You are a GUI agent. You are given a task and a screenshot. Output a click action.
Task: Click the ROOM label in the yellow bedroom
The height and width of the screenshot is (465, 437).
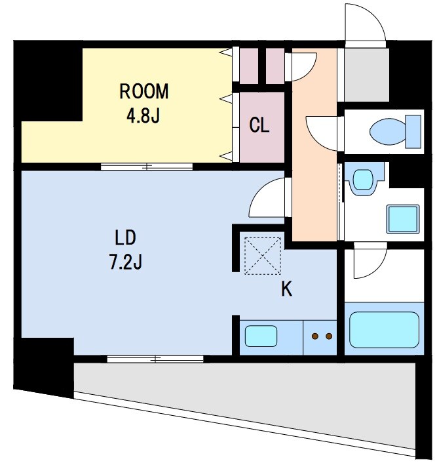point(144,91)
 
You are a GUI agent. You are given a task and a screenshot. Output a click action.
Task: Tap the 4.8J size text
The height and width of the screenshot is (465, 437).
point(143,115)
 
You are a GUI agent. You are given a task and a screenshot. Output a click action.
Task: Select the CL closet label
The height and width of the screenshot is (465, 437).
point(259,125)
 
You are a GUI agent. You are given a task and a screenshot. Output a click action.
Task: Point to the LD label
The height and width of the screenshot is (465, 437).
point(125,238)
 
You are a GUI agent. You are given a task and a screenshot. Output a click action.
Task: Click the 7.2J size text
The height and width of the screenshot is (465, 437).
point(126,262)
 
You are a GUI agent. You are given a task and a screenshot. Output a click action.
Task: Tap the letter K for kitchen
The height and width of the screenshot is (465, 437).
point(286,289)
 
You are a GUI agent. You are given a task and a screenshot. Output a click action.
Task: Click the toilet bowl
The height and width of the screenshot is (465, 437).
point(387,132)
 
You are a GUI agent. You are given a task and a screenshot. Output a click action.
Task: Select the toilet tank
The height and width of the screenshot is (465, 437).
point(413,132)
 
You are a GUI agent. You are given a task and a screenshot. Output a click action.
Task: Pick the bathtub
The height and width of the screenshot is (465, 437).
point(384,330)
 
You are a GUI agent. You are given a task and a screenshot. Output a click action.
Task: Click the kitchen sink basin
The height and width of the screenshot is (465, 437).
point(261,336)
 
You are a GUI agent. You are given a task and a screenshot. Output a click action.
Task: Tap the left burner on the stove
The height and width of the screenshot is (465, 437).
point(315,336)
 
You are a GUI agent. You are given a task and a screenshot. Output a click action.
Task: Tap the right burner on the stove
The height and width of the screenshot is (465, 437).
point(329,336)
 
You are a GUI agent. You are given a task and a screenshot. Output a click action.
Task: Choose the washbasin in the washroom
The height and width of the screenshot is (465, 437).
point(363,180)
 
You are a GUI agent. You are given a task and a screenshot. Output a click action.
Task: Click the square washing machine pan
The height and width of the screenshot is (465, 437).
point(403,219)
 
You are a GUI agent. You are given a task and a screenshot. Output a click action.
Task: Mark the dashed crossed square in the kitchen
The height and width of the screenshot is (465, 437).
point(263,256)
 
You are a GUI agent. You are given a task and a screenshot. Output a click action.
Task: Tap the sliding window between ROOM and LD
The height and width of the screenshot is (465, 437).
point(147,167)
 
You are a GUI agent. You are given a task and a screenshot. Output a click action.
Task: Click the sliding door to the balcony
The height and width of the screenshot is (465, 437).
point(155,359)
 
